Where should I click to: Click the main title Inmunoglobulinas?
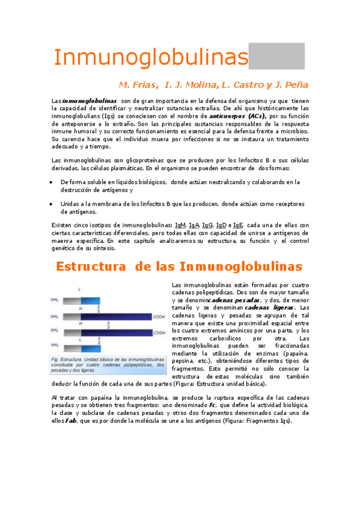(150, 58)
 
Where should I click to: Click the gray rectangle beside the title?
(276, 56)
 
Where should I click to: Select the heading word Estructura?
(93, 266)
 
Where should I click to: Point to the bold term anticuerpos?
(226, 114)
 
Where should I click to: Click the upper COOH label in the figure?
(159, 316)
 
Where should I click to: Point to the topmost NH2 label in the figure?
(54, 300)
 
